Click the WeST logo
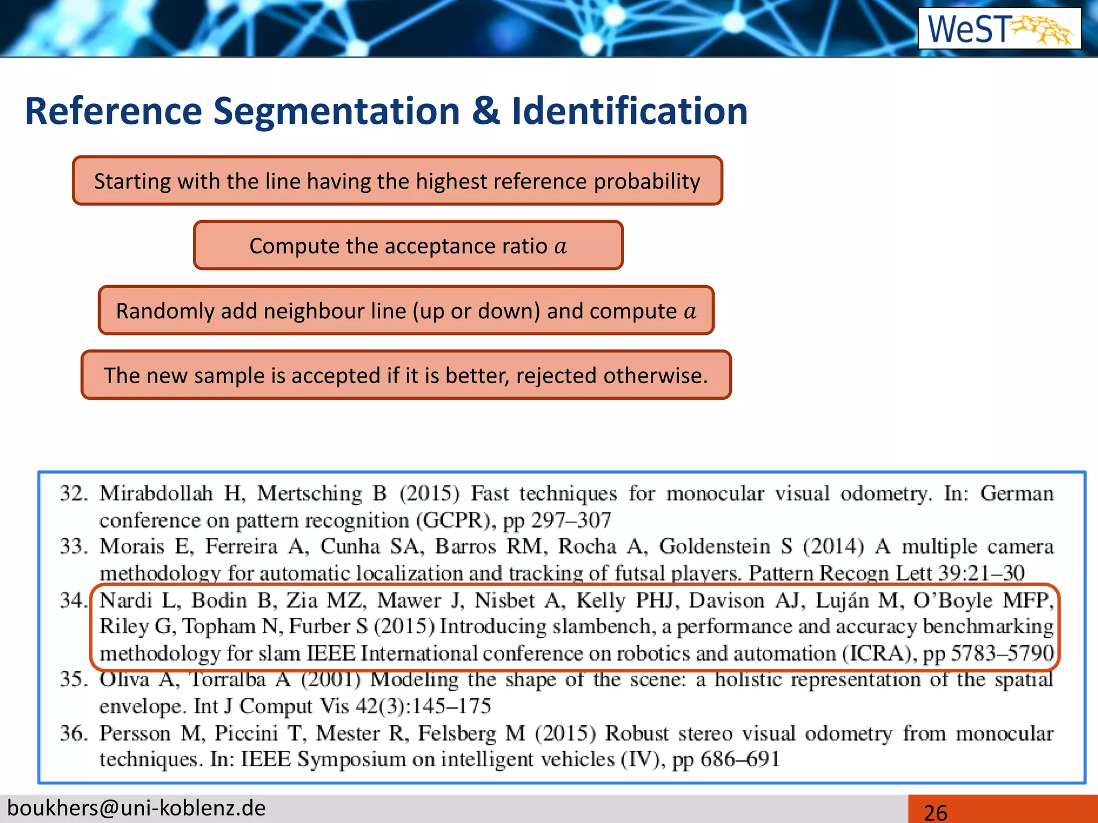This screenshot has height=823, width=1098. pyautogui.click(x=999, y=28)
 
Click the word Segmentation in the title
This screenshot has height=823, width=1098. pyautogui.click(x=337, y=111)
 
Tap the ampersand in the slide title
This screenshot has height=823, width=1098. pyautogui.click(x=485, y=111)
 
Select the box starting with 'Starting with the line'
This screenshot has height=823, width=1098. pyautogui.click(x=397, y=181)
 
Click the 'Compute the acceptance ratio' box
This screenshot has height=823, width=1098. pyautogui.click(x=408, y=246)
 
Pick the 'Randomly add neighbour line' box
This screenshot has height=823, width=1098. pyautogui.click(x=406, y=311)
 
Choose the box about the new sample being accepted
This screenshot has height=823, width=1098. pyautogui.click(x=406, y=376)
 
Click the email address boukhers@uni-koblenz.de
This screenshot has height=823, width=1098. pyautogui.click(x=137, y=808)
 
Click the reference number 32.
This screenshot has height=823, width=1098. pyautogui.click(x=73, y=493)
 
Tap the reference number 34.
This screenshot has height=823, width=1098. pyautogui.click(x=73, y=600)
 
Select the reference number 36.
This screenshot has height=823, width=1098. pyautogui.click(x=73, y=733)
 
